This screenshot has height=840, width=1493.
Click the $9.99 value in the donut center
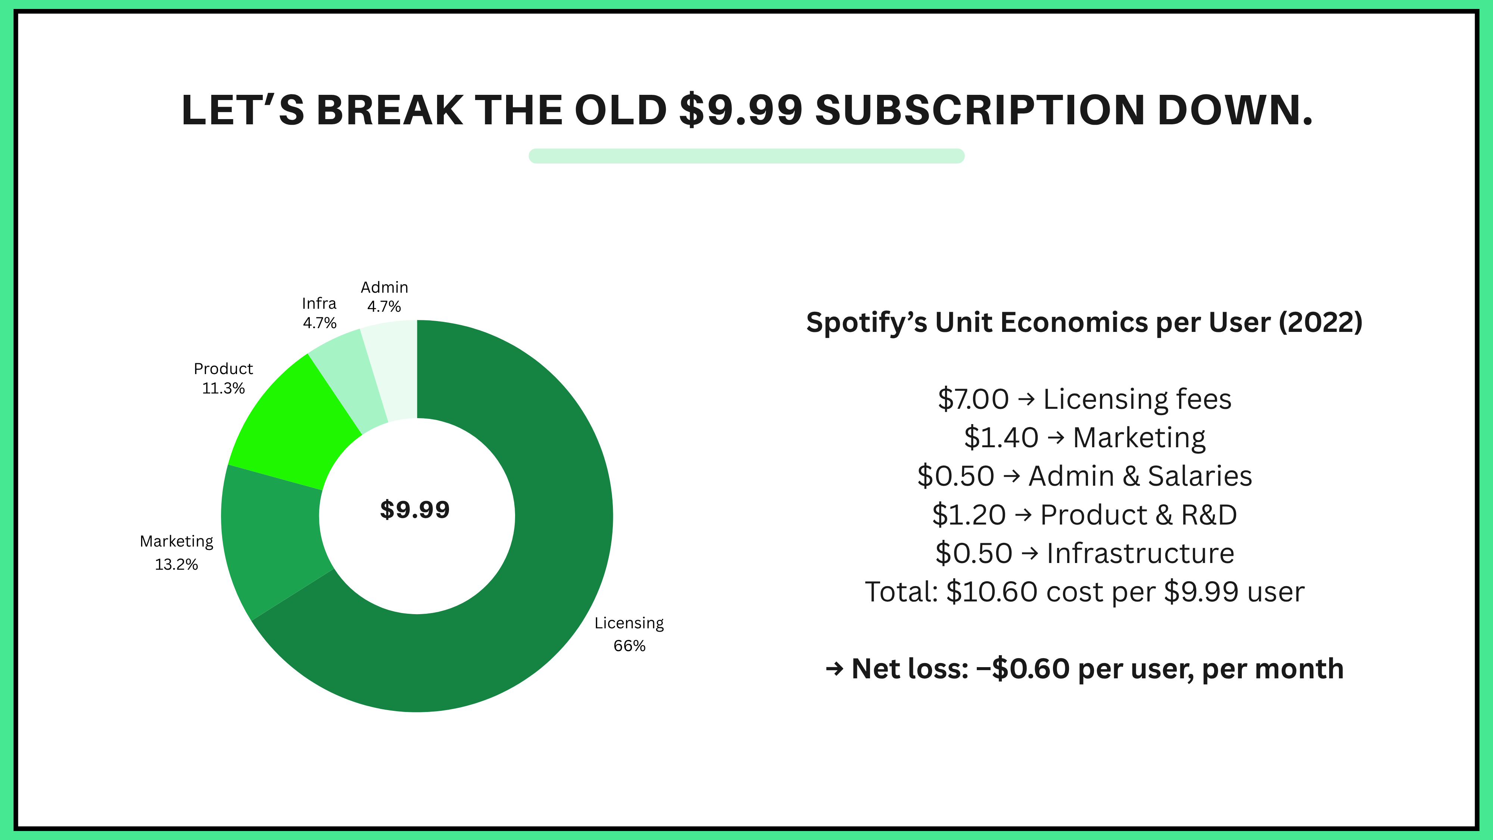coord(415,510)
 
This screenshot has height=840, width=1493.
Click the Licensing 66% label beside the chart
coord(629,634)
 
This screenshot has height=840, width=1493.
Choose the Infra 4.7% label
coord(320,313)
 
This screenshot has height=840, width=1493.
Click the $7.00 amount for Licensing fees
coord(973,399)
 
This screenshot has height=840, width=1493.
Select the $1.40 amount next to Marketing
coord(1001,438)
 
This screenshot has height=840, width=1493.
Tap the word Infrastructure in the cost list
coord(1140,553)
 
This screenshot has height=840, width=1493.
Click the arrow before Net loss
coord(834,669)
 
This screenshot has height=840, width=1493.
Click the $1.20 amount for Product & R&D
coord(969,515)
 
